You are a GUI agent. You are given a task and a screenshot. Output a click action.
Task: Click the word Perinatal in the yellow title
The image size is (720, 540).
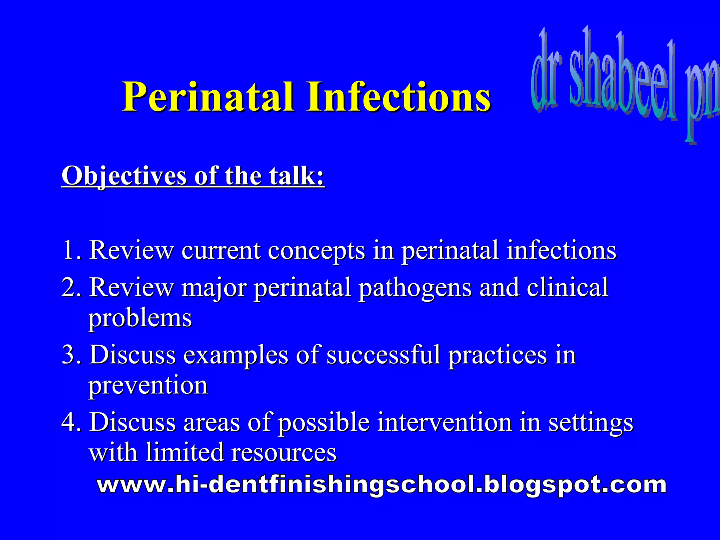[208, 97]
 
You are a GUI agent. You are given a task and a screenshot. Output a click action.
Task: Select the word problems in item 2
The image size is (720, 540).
[140, 319]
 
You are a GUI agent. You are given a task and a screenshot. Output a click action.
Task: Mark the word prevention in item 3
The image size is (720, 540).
[148, 386]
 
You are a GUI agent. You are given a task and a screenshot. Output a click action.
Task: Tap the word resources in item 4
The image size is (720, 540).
[283, 453]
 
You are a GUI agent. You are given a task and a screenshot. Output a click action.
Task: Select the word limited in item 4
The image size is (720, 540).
[184, 452]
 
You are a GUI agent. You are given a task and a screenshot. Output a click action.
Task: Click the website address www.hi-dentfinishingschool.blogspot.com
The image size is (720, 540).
[381, 485]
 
